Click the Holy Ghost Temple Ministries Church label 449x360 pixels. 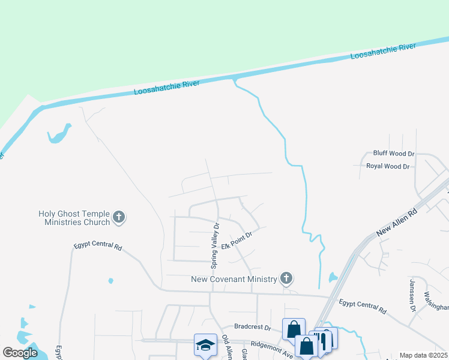point(74,217)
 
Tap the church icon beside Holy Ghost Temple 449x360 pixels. point(119,217)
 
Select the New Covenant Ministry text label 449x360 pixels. point(234,278)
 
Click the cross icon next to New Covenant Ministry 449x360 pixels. point(286,278)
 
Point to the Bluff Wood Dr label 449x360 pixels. point(394,154)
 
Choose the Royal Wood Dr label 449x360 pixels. point(388,166)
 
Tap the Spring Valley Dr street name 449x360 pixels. point(214,245)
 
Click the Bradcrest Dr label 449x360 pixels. point(253,328)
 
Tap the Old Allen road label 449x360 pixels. point(227,348)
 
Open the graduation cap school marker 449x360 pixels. point(205,345)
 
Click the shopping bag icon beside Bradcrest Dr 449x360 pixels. point(294,329)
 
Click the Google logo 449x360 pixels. point(20,352)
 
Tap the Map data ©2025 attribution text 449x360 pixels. point(423,355)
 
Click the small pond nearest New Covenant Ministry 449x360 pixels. point(333,278)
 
